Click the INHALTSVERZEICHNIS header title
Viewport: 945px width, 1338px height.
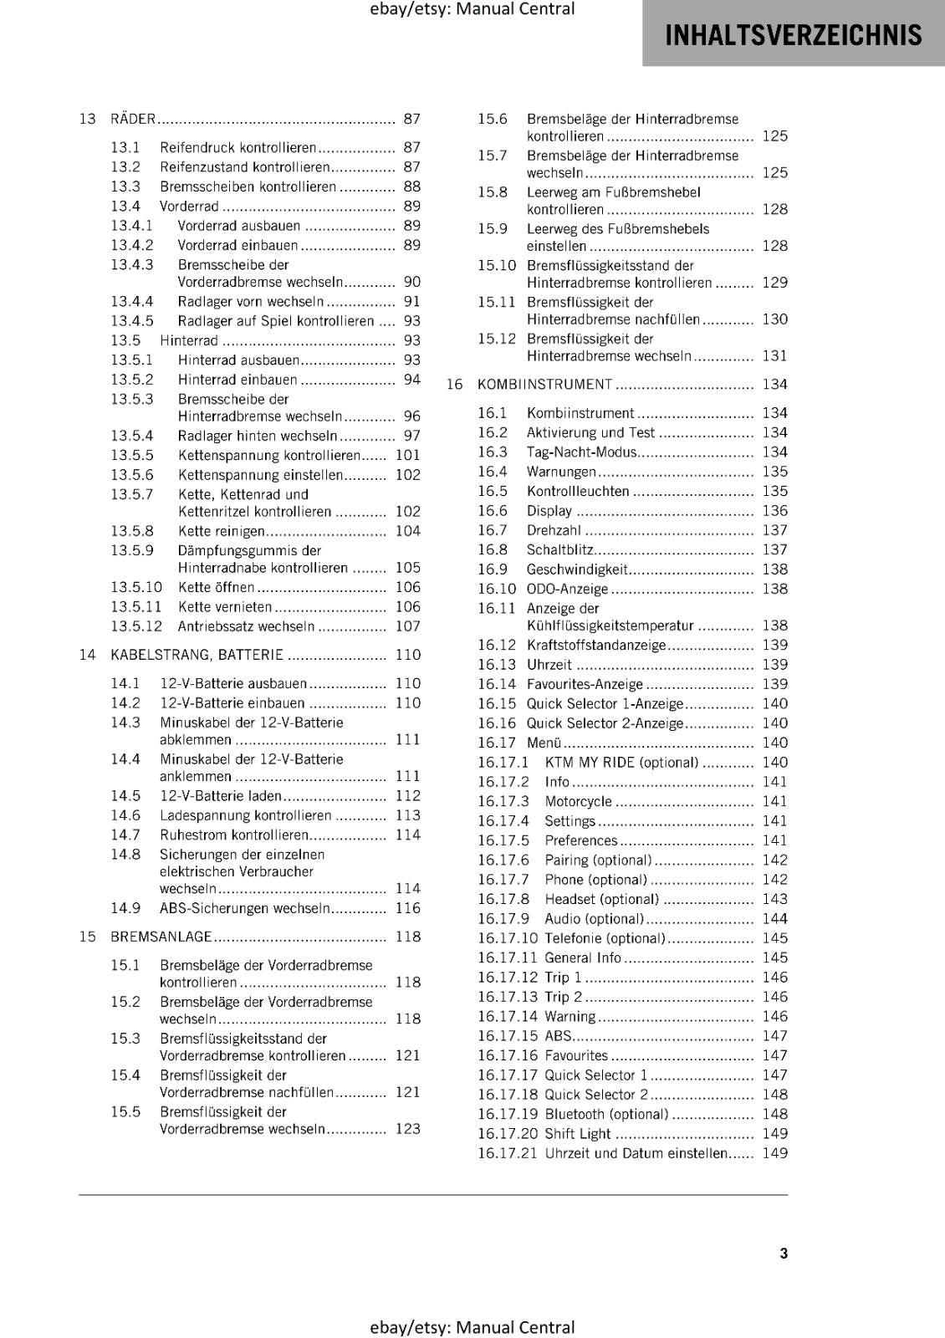(x=793, y=35)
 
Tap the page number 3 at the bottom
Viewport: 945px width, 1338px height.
(x=784, y=1253)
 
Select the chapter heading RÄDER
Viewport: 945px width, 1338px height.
(x=133, y=120)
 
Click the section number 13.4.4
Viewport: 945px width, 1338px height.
(x=132, y=301)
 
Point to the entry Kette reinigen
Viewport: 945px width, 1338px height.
(x=221, y=531)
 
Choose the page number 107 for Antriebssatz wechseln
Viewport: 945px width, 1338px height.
(x=407, y=626)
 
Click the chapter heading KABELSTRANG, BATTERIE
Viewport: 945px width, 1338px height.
(x=197, y=655)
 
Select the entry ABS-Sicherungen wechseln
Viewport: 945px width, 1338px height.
(x=244, y=908)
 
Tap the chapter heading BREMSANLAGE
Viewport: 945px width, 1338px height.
(x=161, y=937)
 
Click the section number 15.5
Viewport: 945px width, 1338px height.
(x=125, y=1111)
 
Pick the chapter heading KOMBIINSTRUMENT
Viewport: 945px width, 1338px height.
(x=544, y=385)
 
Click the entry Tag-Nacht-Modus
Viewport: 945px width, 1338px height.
(x=581, y=452)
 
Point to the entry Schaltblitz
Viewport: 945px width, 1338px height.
(x=559, y=550)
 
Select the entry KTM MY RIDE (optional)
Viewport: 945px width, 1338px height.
(x=621, y=763)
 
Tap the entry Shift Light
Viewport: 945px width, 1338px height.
(x=577, y=1134)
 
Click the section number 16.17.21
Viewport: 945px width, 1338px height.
(x=508, y=1153)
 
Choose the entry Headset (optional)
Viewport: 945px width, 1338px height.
(x=601, y=900)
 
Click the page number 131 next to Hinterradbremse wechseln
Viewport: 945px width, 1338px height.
(x=774, y=356)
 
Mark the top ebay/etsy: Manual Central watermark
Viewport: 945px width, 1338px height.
(x=472, y=9)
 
